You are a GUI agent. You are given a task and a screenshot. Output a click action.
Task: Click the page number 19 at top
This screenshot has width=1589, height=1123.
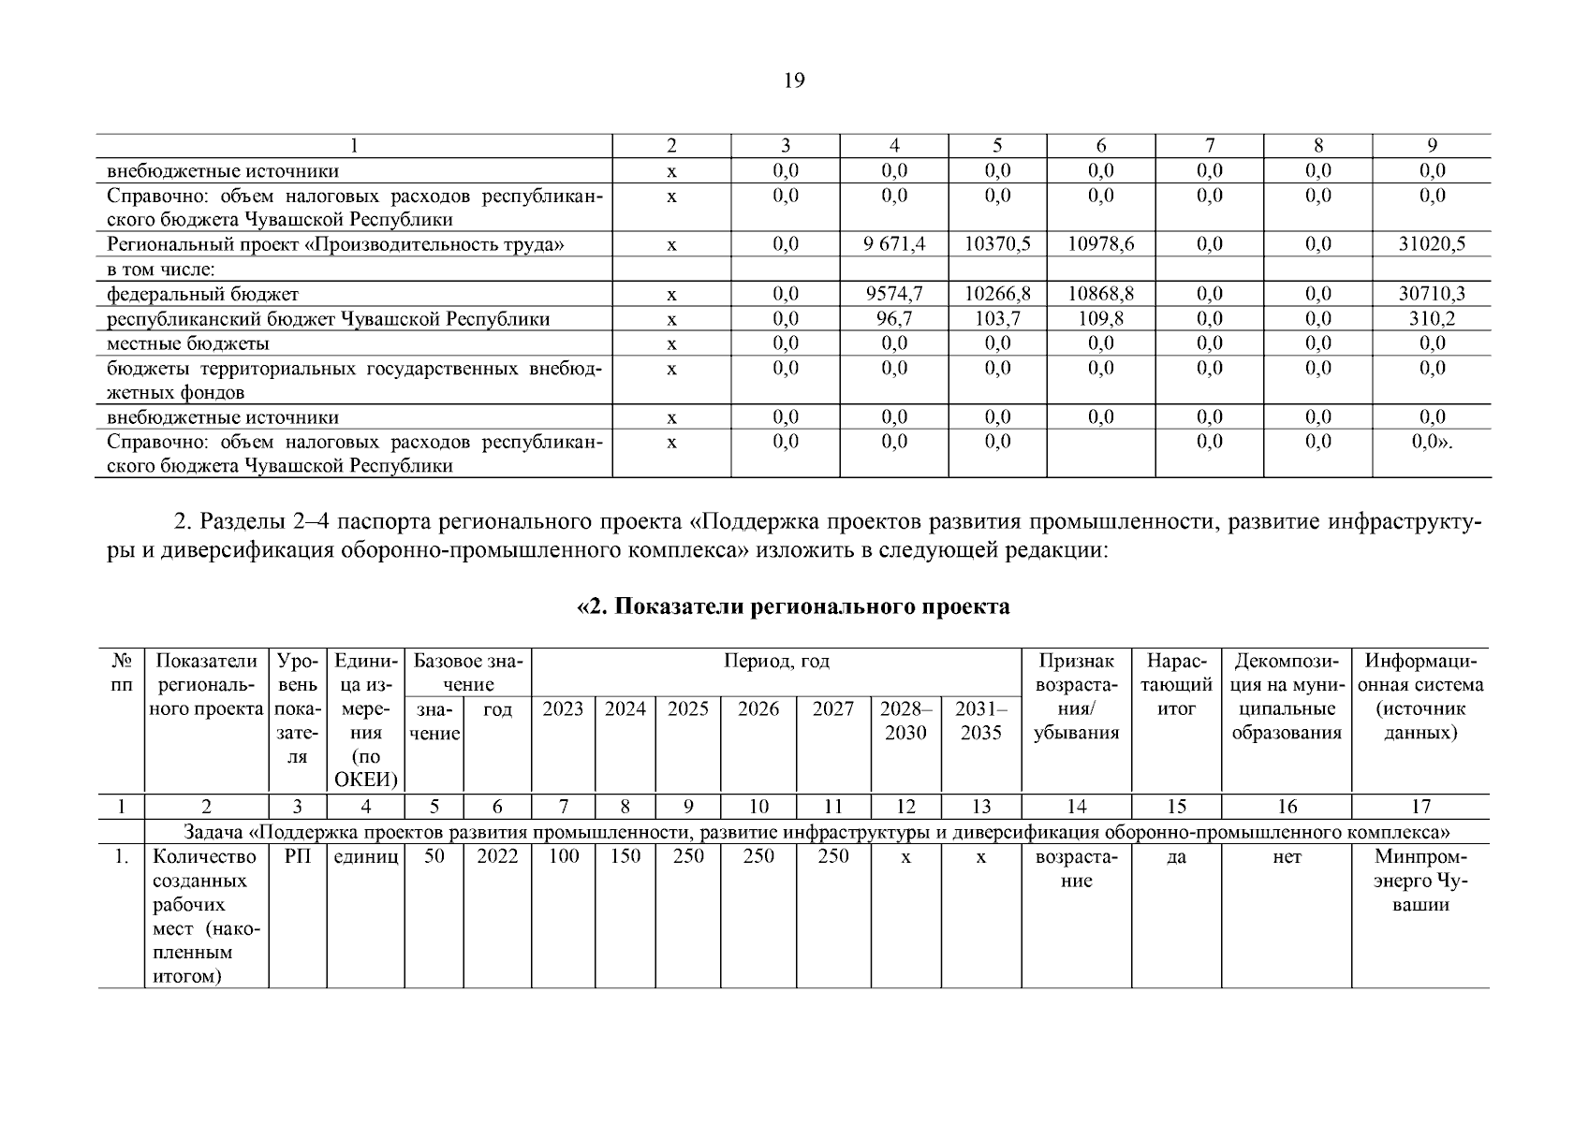tap(793, 80)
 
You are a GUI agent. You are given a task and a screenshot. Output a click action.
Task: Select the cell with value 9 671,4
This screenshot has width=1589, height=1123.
tap(894, 244)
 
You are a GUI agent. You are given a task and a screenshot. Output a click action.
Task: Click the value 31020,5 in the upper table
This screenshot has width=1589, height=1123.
tap(1432, 244)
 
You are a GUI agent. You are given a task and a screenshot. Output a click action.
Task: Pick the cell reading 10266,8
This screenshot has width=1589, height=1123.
tap(997, 294)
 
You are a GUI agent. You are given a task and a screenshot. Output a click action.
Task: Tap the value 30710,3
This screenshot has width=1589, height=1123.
tap(1432, 294)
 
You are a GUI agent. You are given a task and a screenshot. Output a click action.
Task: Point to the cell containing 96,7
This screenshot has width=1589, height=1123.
tap(894, 319)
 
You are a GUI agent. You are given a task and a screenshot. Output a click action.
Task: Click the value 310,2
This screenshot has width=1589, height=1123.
tap(1432, 319)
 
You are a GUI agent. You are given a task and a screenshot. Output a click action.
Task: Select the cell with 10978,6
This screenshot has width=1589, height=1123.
tap(1101, 244)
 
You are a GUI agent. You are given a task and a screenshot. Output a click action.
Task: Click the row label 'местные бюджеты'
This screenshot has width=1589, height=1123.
tap(188, 343)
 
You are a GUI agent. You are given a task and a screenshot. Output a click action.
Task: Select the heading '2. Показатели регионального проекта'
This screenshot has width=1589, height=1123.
tap(793, 606)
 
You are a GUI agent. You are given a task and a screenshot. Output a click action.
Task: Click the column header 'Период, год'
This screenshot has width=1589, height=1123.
tap(776, 662)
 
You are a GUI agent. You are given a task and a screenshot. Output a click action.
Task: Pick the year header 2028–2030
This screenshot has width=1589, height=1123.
tap(905, 721)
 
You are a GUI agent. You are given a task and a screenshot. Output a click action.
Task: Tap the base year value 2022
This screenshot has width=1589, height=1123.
tap(497, 857)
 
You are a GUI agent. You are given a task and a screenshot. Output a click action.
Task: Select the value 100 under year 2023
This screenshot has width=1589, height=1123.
tap(564, 857)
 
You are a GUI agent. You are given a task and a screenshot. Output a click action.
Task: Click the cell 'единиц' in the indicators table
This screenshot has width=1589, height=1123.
tap(365, 857)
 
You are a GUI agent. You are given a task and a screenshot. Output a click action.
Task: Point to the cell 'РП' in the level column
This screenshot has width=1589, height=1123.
tap(297, 857)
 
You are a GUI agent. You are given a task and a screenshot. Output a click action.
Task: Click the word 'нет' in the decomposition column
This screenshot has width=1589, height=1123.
tap(1287, 857)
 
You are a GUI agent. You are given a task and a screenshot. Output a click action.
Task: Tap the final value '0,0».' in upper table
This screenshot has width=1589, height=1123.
tap(1432, 442)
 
